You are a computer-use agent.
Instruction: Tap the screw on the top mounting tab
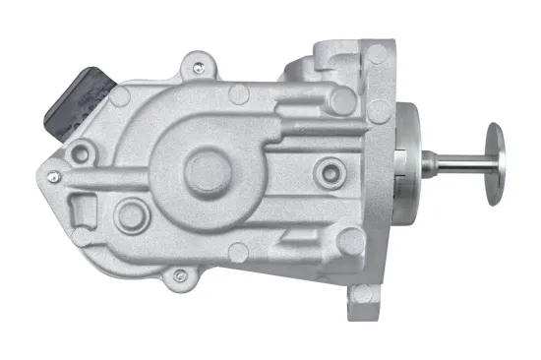coord(199,68)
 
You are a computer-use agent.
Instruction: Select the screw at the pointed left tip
coord(53,176)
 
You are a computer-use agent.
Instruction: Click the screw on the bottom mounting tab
coord(178,276)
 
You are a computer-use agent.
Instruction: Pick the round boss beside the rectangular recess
coord(127,214)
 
